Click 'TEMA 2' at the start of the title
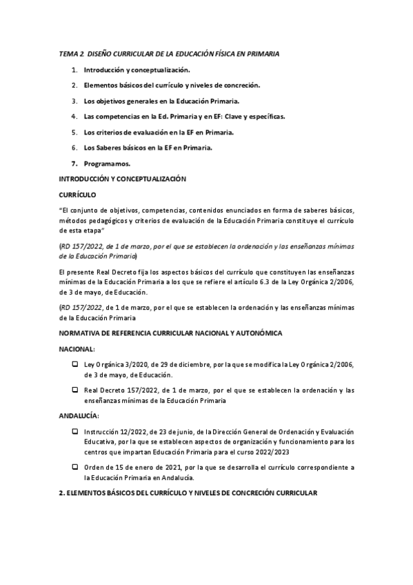pos(69,53)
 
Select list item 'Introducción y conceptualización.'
pos(137,70)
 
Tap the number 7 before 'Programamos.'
pos(74,163)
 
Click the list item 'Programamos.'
pos(107,163)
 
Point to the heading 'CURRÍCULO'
pos(77,195)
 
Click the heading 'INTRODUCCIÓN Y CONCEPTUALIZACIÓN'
pos(123,179)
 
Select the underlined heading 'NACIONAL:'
pos(77,350)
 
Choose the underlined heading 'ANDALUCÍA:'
pos(79,416)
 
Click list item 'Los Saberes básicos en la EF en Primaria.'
pos(148,148)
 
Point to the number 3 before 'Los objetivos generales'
pos(74,101)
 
